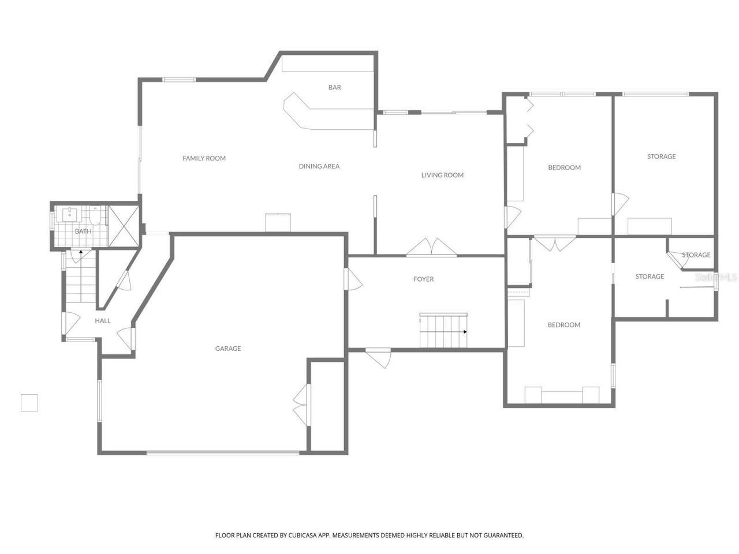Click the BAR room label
click(334, 88)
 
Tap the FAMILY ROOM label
click(204, 158)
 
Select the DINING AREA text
click(319, 166)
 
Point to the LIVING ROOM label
click(442, 175)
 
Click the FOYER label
click(423, 279)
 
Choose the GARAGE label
click(228, 349)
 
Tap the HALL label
click(103, 321)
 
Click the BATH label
click(83, 231)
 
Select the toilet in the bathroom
click(95, 216)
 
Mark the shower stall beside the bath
click(124, 226)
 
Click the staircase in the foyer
click(443, 331)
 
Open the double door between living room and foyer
click(431, 248)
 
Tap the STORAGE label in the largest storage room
click(661, 156)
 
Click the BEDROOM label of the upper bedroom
click(564, 167)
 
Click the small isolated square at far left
click(29, 403)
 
